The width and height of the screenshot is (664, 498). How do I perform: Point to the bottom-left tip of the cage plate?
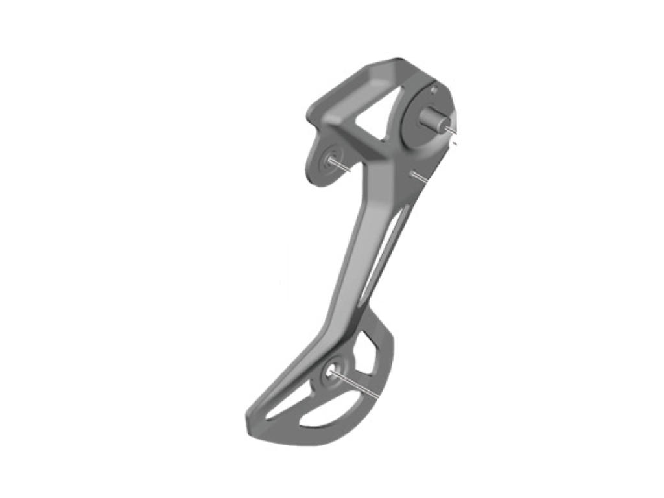click(250, 425)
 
